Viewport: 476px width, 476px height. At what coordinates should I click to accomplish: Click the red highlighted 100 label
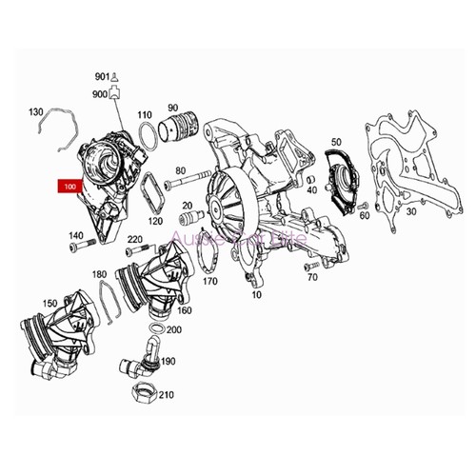tap(69, 188)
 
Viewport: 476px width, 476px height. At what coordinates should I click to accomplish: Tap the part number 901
tap(102, 75)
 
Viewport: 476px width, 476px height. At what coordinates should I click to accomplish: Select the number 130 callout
tap(37, 112)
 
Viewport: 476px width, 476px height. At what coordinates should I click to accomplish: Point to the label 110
tap(145, 112)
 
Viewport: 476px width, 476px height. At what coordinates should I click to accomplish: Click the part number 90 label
tap(173, 108)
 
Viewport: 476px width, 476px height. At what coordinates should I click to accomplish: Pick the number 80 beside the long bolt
tap(181, 172)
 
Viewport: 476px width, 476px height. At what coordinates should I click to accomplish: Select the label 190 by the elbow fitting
tap(169, 362)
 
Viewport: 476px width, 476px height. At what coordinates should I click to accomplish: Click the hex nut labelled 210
tap(140, 394)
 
